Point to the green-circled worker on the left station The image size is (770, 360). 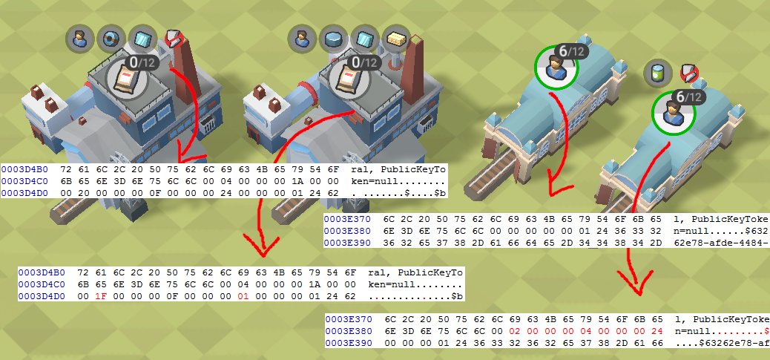(555, 68)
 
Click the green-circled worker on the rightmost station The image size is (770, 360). (673, 113)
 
